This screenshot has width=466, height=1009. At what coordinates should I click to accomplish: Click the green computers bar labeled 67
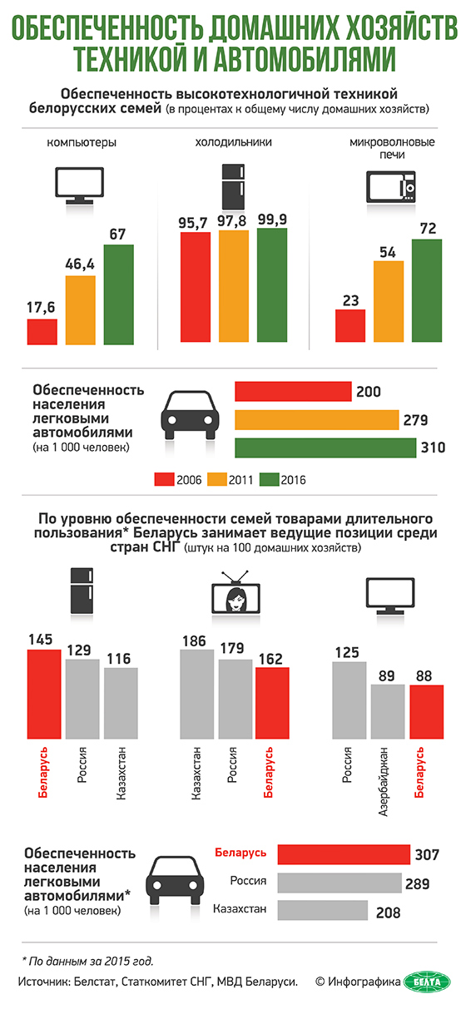click(118, 294)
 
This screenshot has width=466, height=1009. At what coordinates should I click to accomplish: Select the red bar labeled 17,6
click(42, 332)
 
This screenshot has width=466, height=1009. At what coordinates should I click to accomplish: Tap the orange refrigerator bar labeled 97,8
click(234, 286)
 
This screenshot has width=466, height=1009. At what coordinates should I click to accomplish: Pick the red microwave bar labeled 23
click(350, 326)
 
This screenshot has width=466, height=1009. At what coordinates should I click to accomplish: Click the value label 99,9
click(272, 220)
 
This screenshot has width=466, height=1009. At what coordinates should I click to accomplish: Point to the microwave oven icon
click(391, 186)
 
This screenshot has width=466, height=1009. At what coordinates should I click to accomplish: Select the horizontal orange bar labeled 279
click(317, 420)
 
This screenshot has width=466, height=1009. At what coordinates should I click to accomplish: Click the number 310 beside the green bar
click(433, 448)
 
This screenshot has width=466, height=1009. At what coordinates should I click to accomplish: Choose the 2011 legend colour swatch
click(217, 479)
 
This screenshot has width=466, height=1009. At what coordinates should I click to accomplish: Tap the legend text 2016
click(294, 480)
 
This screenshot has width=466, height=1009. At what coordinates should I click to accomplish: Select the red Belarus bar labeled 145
click(44, 694)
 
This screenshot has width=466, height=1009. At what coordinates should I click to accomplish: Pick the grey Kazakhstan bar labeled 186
click(197, 694)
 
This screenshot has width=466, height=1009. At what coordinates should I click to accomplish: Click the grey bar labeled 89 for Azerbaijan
click(388, 712)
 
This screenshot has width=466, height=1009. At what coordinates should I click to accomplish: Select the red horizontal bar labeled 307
click(344, 854)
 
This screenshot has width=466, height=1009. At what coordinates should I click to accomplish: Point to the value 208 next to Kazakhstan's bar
click(388, 913)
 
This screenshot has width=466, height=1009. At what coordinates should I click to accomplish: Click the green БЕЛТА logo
click(426, 982)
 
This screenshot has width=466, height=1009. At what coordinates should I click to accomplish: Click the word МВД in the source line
click(230, 982)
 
